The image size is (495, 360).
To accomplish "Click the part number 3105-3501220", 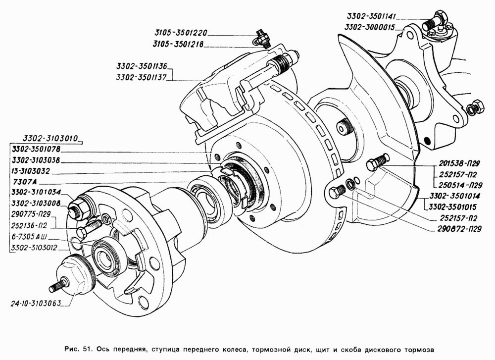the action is tap(180, 33).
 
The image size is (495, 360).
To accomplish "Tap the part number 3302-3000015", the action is tap(370, 27).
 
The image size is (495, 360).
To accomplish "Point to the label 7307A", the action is tap(25, 182).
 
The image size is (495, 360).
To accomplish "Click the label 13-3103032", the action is tap(30, 171).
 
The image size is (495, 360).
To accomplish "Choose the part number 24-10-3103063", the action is tap(35, 304).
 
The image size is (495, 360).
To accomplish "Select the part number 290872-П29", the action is tap(460, 229).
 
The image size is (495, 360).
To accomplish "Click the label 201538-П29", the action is tap(459, 163).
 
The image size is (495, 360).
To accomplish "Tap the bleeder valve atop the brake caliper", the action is tap(261, 38).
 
